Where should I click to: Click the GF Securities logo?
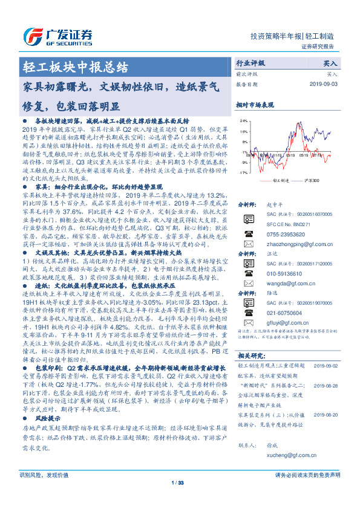(58, 35)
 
